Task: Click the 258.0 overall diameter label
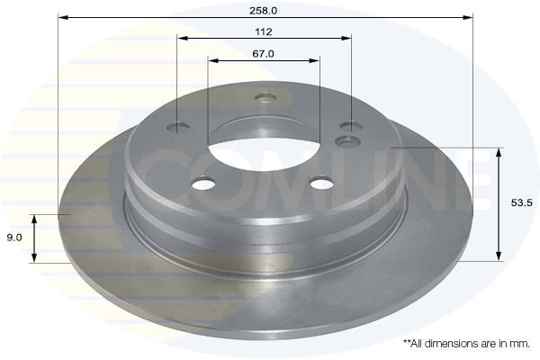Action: pyautogui.click(x=263, y=11)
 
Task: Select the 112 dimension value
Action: pyautogui.click(x=264, y=32)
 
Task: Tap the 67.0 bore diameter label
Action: pyautogui.click(x=263, y=54)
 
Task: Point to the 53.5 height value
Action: pyautogui.click(x=521, y=202)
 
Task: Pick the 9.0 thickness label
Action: pyautogui.click(x=14, y=238)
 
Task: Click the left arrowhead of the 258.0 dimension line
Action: pyautogui.click(x=63, y=17)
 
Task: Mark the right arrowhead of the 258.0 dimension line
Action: pyautogui.click(x=468, y=17)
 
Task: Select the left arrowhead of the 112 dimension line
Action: pyautogui.click(x=182, y=38)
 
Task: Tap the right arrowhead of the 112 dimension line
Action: pyautogui.click(x=346, y=38)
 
